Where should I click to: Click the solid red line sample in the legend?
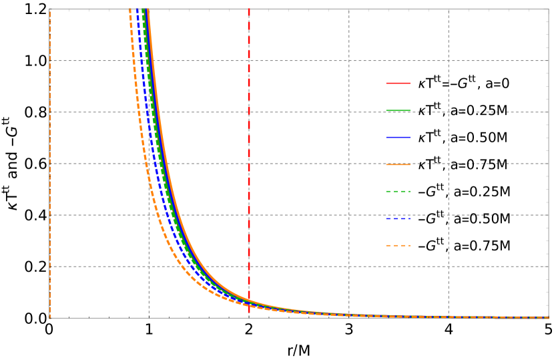(x=398, y=83)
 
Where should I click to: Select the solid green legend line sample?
(x=398, y=111)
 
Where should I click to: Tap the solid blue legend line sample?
(x=398, y=138)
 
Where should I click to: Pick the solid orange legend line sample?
(x=398, y=164)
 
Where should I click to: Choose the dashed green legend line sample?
(x=398, y=192)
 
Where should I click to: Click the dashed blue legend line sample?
(x=398, y=218)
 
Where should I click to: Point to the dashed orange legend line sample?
(x=398, y=246)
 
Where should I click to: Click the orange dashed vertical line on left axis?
(x=50, y=167)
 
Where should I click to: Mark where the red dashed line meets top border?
(x=249, y=9)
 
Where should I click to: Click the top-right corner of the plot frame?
(x=549, y=9)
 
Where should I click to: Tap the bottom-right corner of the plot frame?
(x=549, y=318)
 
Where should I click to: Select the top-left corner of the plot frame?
(x=50, y=9)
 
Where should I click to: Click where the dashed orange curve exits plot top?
(x=129, y=9)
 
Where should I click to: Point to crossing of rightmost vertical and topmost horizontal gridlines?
(x=449, y=61)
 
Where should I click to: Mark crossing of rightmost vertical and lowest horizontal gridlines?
(x=449, y=266)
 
